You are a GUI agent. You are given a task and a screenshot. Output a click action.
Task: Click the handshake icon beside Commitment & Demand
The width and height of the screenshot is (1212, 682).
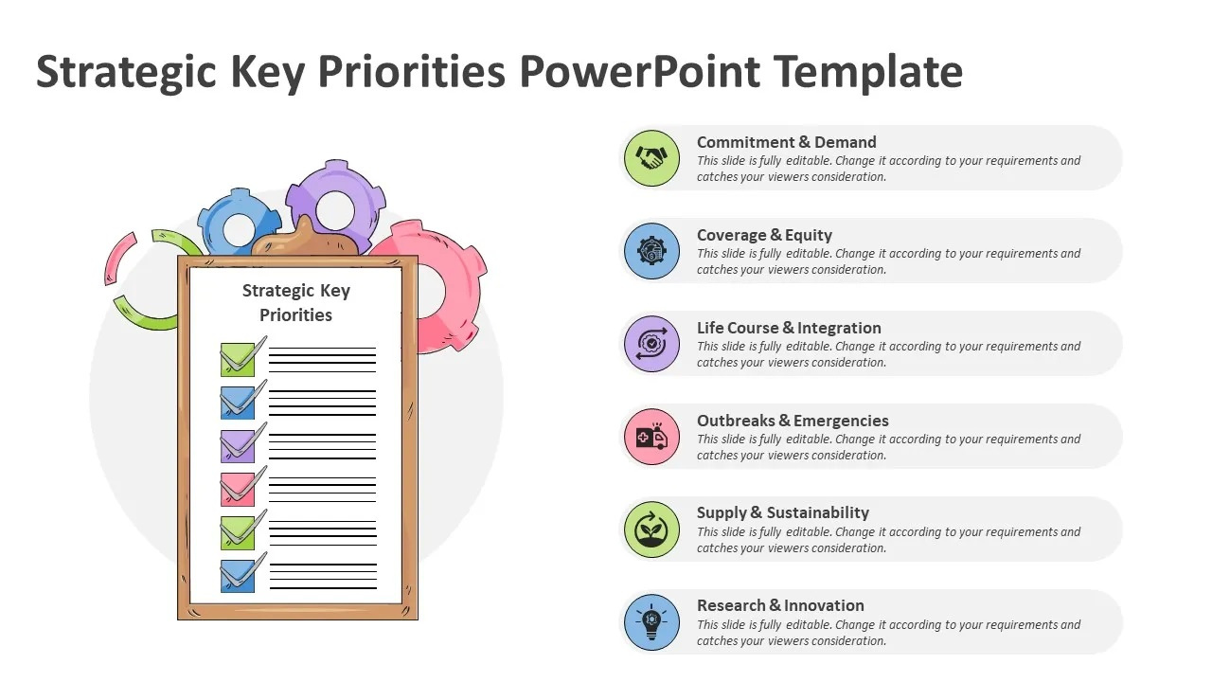[651, 157]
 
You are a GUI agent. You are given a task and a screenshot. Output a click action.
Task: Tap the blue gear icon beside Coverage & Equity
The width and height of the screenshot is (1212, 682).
[651, 250]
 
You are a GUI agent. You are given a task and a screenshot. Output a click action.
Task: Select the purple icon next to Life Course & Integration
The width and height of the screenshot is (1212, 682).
[651, 343]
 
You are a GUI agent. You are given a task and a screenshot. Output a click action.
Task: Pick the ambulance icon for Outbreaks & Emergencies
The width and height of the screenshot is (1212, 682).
[651, 436]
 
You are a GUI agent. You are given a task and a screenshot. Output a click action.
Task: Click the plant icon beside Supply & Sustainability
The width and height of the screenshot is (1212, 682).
[651, 529]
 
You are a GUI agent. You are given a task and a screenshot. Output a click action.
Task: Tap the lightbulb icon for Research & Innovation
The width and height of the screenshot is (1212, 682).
[651, 621]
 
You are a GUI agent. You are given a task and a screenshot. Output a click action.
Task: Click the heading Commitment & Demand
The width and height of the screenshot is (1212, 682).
[786, 142]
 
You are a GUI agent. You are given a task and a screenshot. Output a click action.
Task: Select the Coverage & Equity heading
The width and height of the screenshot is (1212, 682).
[764, 235]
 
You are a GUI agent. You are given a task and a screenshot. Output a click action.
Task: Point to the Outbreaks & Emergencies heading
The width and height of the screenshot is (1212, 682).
[793, 421]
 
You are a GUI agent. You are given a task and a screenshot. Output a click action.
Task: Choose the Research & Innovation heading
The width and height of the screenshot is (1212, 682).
[780, 605]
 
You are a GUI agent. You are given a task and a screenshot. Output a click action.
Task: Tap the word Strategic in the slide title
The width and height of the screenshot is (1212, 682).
[127, 72]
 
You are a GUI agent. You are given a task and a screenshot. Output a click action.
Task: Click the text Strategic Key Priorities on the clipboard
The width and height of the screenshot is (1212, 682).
[295, 303]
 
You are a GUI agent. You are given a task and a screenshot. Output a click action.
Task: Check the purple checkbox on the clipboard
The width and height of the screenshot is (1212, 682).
[238, 445]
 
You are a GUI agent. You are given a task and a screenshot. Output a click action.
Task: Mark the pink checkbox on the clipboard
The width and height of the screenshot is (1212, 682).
[238, 489]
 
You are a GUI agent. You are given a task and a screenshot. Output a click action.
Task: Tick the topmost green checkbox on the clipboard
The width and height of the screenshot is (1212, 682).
[238, 359]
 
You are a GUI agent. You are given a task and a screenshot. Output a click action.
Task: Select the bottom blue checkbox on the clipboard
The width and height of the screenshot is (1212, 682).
[238, 576]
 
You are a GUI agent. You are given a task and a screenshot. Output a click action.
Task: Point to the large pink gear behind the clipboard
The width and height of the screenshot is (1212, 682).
[445, 275]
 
